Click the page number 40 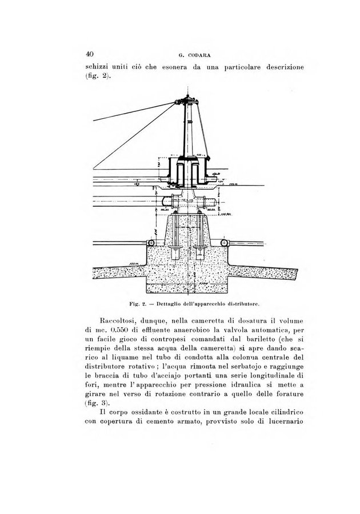tap(89, 54)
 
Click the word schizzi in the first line tap(99, 67)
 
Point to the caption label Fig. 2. tap(139, 298)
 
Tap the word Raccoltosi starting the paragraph tap(120, 321)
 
